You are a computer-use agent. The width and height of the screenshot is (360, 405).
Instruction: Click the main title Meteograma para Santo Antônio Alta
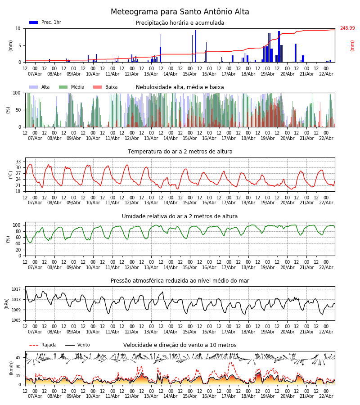[x=180, y=12]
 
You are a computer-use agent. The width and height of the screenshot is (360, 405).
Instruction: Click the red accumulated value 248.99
[x=347, y=28]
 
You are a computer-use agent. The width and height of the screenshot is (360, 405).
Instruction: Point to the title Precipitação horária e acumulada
[x=180, y=23]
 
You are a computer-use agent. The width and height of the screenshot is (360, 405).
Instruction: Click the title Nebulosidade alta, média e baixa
[x=180, y=87]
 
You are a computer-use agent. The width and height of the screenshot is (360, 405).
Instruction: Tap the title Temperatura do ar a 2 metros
[x=180, y=152]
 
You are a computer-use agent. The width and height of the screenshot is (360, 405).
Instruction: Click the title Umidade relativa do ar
[x=180, y=216]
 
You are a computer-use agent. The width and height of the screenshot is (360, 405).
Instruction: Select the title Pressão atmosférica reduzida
[x=180, y=281]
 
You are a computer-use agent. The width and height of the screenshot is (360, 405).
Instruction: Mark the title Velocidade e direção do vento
[x=180, y=345]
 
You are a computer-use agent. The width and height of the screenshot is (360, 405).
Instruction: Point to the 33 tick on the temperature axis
[x=18, y=162]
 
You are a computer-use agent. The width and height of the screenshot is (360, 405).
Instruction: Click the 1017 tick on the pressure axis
[x=16, y=289]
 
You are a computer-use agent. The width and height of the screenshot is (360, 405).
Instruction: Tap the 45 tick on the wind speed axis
[x=18, y=358]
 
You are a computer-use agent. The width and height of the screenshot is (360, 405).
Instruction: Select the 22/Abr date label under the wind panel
[x=326, y=396]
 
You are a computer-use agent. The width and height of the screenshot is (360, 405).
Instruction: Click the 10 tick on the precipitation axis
[x=18, y=28]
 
